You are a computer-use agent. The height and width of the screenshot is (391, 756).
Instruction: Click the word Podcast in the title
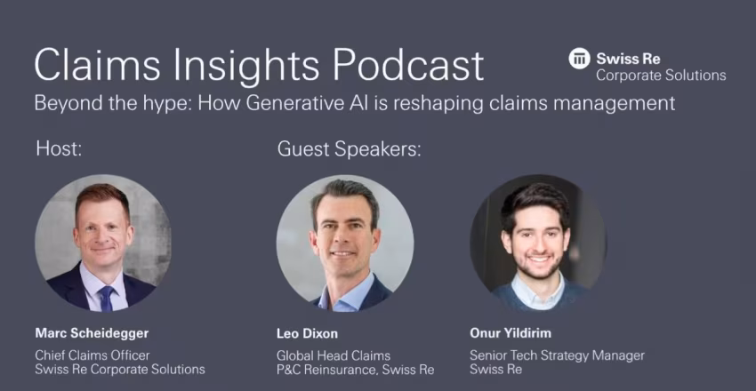409,65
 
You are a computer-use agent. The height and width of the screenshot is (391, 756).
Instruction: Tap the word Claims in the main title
96,65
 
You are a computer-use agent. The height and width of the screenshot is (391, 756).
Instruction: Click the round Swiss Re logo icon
579,59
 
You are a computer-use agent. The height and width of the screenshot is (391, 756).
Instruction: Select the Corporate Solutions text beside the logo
661,76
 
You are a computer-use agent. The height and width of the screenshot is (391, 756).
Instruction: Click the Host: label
59,148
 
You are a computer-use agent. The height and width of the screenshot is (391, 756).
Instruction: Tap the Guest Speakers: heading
349,149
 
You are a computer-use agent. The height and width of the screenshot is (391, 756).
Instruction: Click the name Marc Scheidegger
92,333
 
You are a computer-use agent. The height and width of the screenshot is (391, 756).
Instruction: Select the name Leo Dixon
307,333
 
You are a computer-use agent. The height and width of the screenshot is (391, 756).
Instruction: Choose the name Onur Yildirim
511,333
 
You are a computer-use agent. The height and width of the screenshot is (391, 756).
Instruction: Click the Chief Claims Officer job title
92,355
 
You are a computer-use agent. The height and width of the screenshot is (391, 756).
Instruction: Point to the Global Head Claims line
334,355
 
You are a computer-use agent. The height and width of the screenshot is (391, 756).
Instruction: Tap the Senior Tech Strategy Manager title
557,355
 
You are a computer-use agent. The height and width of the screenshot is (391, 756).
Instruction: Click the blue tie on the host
107,299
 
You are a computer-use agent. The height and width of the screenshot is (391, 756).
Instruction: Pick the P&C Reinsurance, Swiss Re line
356,370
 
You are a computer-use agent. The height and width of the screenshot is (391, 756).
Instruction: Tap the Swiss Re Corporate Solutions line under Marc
120,370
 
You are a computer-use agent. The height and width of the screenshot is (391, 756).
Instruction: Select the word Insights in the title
245,65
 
